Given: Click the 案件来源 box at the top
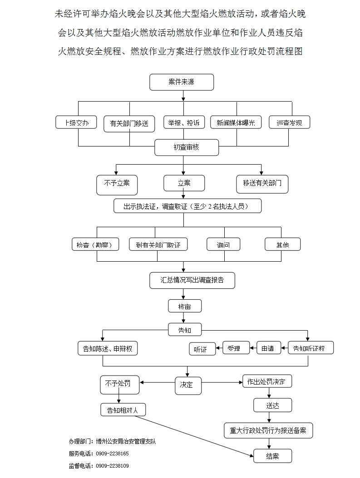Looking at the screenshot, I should click(x=182, y=82).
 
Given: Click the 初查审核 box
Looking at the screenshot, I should click(x=187, y=147).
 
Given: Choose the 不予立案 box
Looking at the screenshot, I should click(x=117, y=184).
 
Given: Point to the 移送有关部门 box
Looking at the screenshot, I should click(x=262, y=184).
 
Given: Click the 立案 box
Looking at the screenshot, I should click(x=184, y=183).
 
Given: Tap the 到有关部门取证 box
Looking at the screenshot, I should click(x=158, y=244).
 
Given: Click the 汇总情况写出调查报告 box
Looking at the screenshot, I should click(x=192, y=280).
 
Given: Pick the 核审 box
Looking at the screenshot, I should click(x=184, y=306).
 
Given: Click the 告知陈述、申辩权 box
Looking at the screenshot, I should click(x=108, y=348).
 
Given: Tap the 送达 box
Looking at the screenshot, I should click(x=272, y=405).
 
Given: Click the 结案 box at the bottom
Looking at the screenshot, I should click(x=272, y=456).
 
